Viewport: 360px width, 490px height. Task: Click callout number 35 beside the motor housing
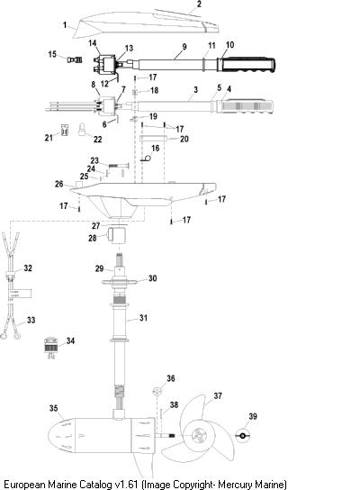coord(53,408)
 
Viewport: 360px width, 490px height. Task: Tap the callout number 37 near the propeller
coord(218,395)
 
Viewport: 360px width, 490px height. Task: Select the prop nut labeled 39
coord(242,435)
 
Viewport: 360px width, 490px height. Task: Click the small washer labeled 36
coord(157,391)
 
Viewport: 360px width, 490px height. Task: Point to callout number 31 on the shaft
coord(143,318)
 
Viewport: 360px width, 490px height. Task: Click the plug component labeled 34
coord(50,348)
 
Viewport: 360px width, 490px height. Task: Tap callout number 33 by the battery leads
coord(31,320)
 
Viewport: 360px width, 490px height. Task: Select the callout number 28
coord(93,238)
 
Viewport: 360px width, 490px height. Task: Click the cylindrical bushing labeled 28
coord(116,236)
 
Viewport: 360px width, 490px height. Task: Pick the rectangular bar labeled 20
coord(153,138)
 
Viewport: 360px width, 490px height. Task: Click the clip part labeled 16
coord(146,159)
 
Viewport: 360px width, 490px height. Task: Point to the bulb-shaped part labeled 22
coord(82,129)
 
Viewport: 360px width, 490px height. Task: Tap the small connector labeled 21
coord(64,130)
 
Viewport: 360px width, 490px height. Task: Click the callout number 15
coord(52,54)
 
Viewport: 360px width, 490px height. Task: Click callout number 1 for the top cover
coord(65,25)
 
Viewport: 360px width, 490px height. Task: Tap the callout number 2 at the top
coord(199,5)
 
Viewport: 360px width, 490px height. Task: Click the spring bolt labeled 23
coord(119,165)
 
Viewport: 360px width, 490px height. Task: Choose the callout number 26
coord(59,184)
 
